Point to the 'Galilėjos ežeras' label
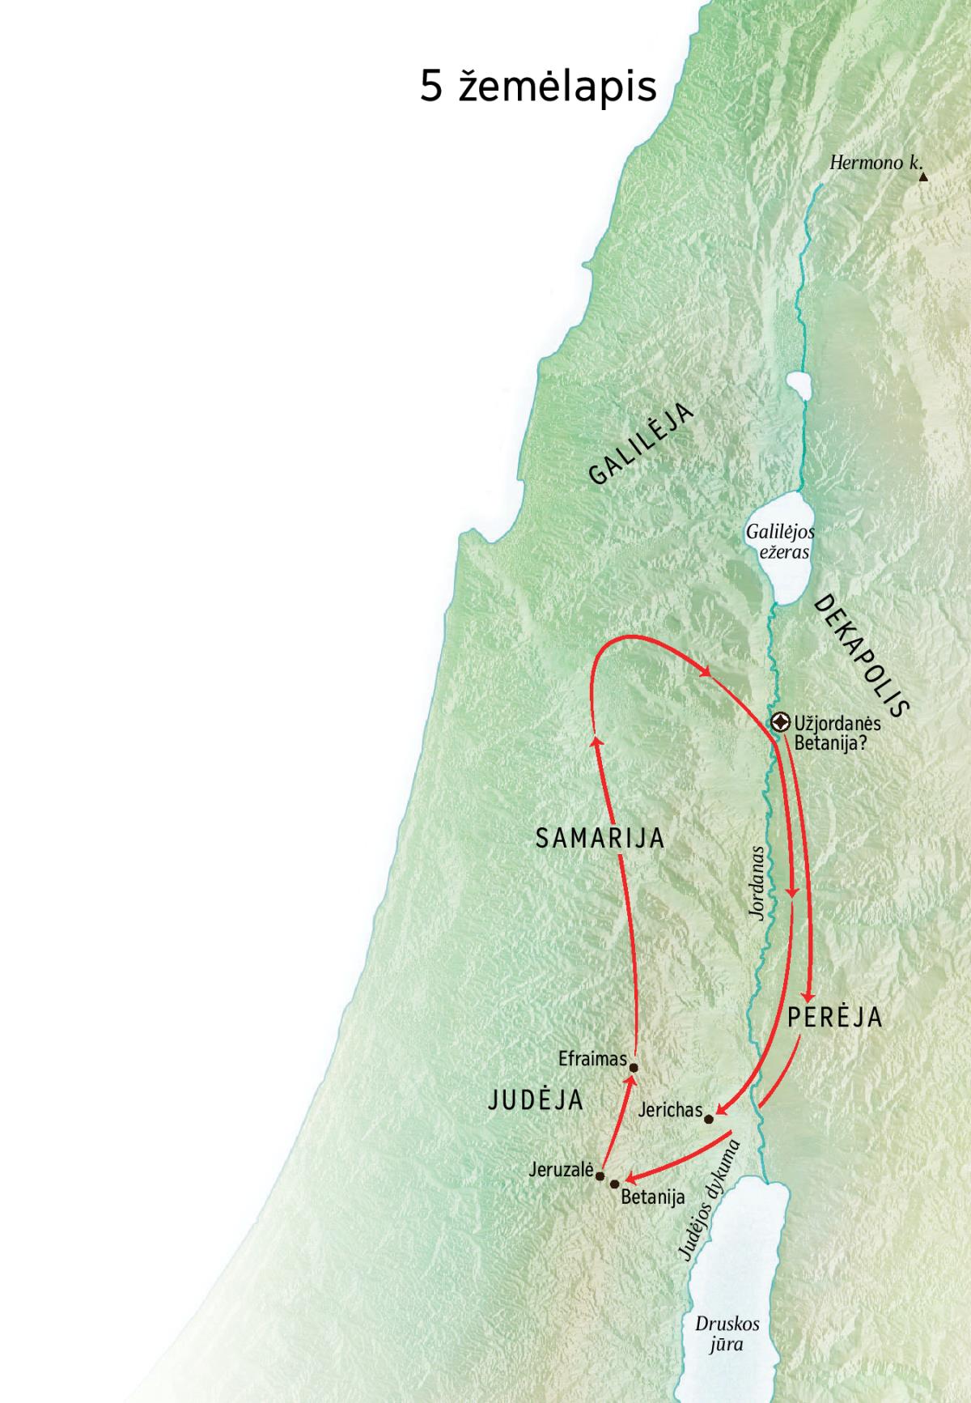780,542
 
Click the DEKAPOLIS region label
862,657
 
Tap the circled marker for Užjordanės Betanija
781,722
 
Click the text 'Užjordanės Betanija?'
837,732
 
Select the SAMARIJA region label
600,838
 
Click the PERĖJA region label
834,1018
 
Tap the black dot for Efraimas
634,1067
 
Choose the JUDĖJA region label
536,1099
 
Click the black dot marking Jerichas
710,1120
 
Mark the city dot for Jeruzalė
600,1176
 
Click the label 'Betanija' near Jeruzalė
652,1197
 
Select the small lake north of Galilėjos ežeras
798,386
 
